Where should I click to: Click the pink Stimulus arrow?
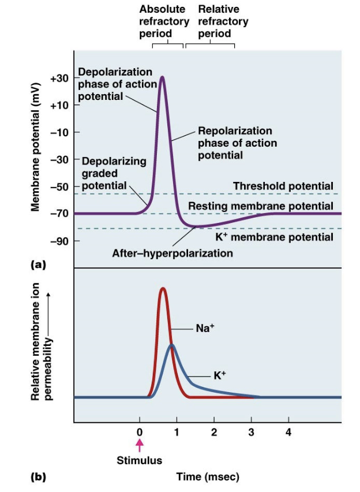coord(139,445)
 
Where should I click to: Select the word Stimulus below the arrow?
coord(139,461)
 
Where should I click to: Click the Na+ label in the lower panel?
coord(205,327)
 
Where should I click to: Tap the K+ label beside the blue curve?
coord(220,375)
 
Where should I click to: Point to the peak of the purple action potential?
coord(163,77)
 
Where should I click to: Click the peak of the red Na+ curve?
coord(163,288)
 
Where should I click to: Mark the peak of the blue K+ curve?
coord(171,345)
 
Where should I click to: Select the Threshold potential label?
coord(283,186)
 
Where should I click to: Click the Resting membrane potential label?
coord(261,206)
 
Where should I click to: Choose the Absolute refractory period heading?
coord(164,21)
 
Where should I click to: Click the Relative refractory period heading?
coord(223,21)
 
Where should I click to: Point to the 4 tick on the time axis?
coord(288,433)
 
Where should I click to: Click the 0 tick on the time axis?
coord(139,433)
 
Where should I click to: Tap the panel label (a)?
coord(37,264)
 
